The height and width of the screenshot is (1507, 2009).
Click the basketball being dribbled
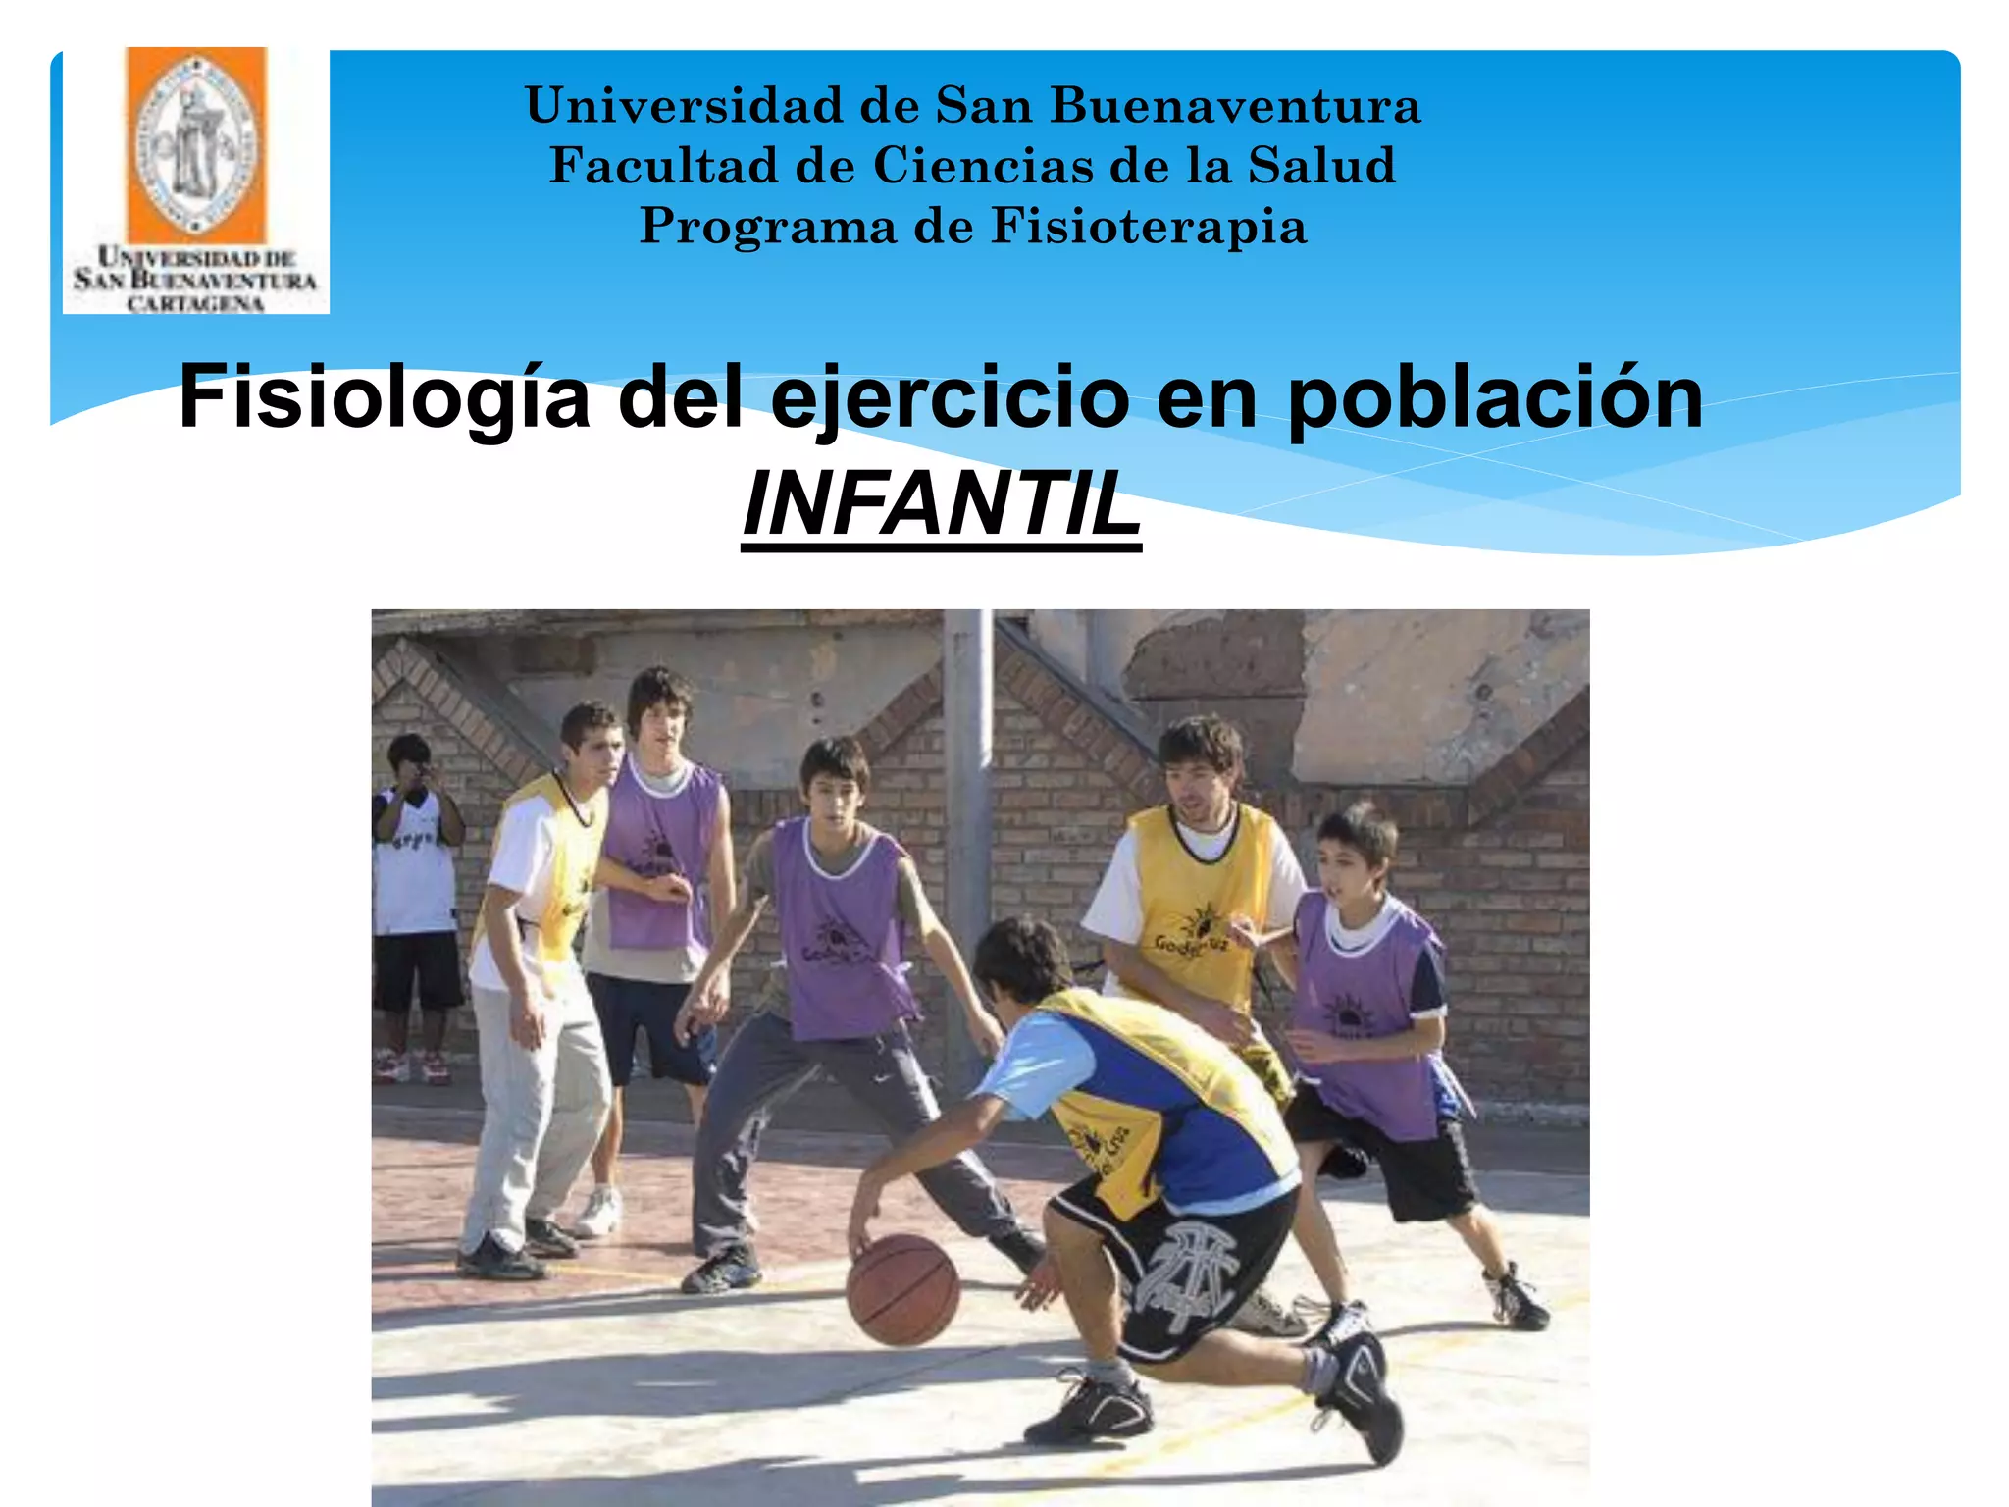[902, 1288]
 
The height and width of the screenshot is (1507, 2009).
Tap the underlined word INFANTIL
[942, 504]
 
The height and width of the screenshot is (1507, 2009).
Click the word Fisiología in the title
[385, 397]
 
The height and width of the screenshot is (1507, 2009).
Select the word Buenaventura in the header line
[1236, 105]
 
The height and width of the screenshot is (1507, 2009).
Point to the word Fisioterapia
[1149, 227]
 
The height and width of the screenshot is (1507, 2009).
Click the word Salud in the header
[1321, 165]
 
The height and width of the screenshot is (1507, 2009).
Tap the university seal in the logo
[196, 145]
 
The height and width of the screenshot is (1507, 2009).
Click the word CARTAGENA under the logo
[195, 303]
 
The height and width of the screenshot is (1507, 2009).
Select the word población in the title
[1495, 397]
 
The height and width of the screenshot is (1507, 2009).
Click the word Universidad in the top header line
[684, 105]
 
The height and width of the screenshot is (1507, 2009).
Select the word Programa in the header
[768, 227]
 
